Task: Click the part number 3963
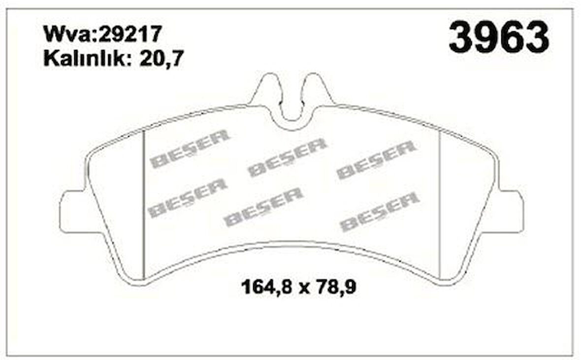click(x=499, y=37)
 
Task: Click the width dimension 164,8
click(x=268, y=287)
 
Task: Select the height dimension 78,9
click(x=335, y=287)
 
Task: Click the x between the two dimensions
click(x=304, y=289)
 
